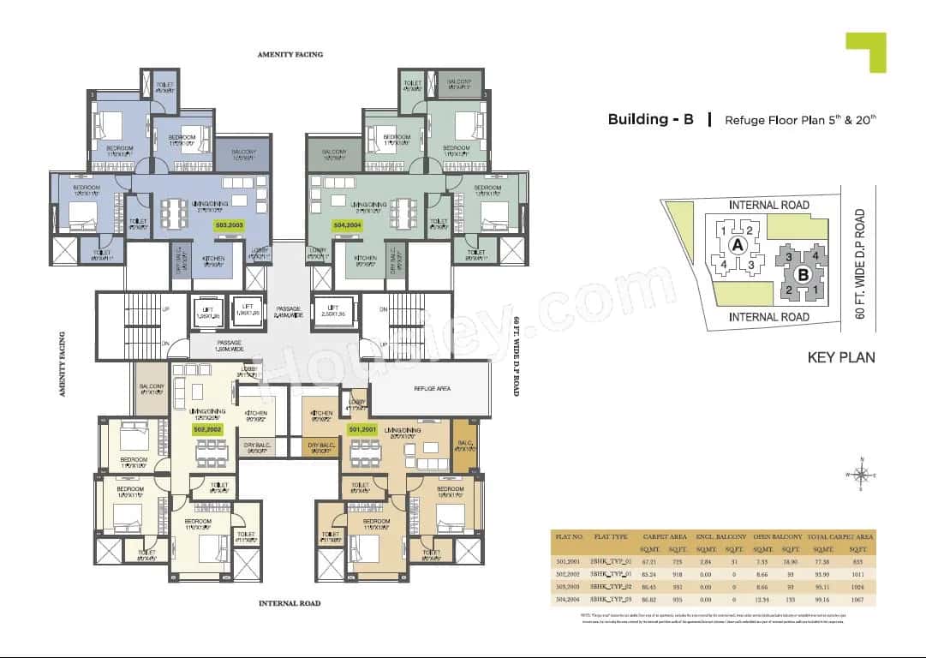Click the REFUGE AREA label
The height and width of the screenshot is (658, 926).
433,388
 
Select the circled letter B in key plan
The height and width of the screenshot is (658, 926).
803,274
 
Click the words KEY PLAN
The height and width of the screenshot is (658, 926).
841,357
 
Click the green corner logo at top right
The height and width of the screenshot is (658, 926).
865,51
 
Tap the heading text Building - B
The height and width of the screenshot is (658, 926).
650,119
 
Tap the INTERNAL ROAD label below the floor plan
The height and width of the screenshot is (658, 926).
290,604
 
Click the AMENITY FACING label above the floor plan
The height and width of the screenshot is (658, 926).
290,54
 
